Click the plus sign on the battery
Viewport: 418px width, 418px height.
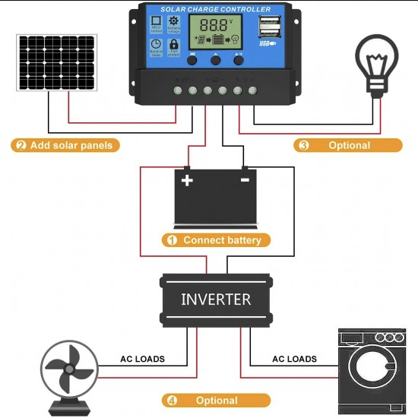pyautogui.click(x=186, y=180)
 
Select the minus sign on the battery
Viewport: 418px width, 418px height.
pyautogui.click(x=244, y=180)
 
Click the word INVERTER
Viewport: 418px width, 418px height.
pyautogui.click(x=216, y=299)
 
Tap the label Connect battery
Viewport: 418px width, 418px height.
pyautogui.click(x=222, y=240)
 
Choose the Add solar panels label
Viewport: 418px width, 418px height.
pyautogui.click(x=71, y=145)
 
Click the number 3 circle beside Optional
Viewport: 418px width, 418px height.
pyautogui.click(x=304, y=145)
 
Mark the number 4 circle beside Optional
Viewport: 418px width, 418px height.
pyautogui.click(x=172, y=401)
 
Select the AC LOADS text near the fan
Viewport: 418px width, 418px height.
pyautogui.click(x=142, y=359)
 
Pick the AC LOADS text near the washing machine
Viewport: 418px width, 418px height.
pyautogui.click(x=294, y=359)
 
